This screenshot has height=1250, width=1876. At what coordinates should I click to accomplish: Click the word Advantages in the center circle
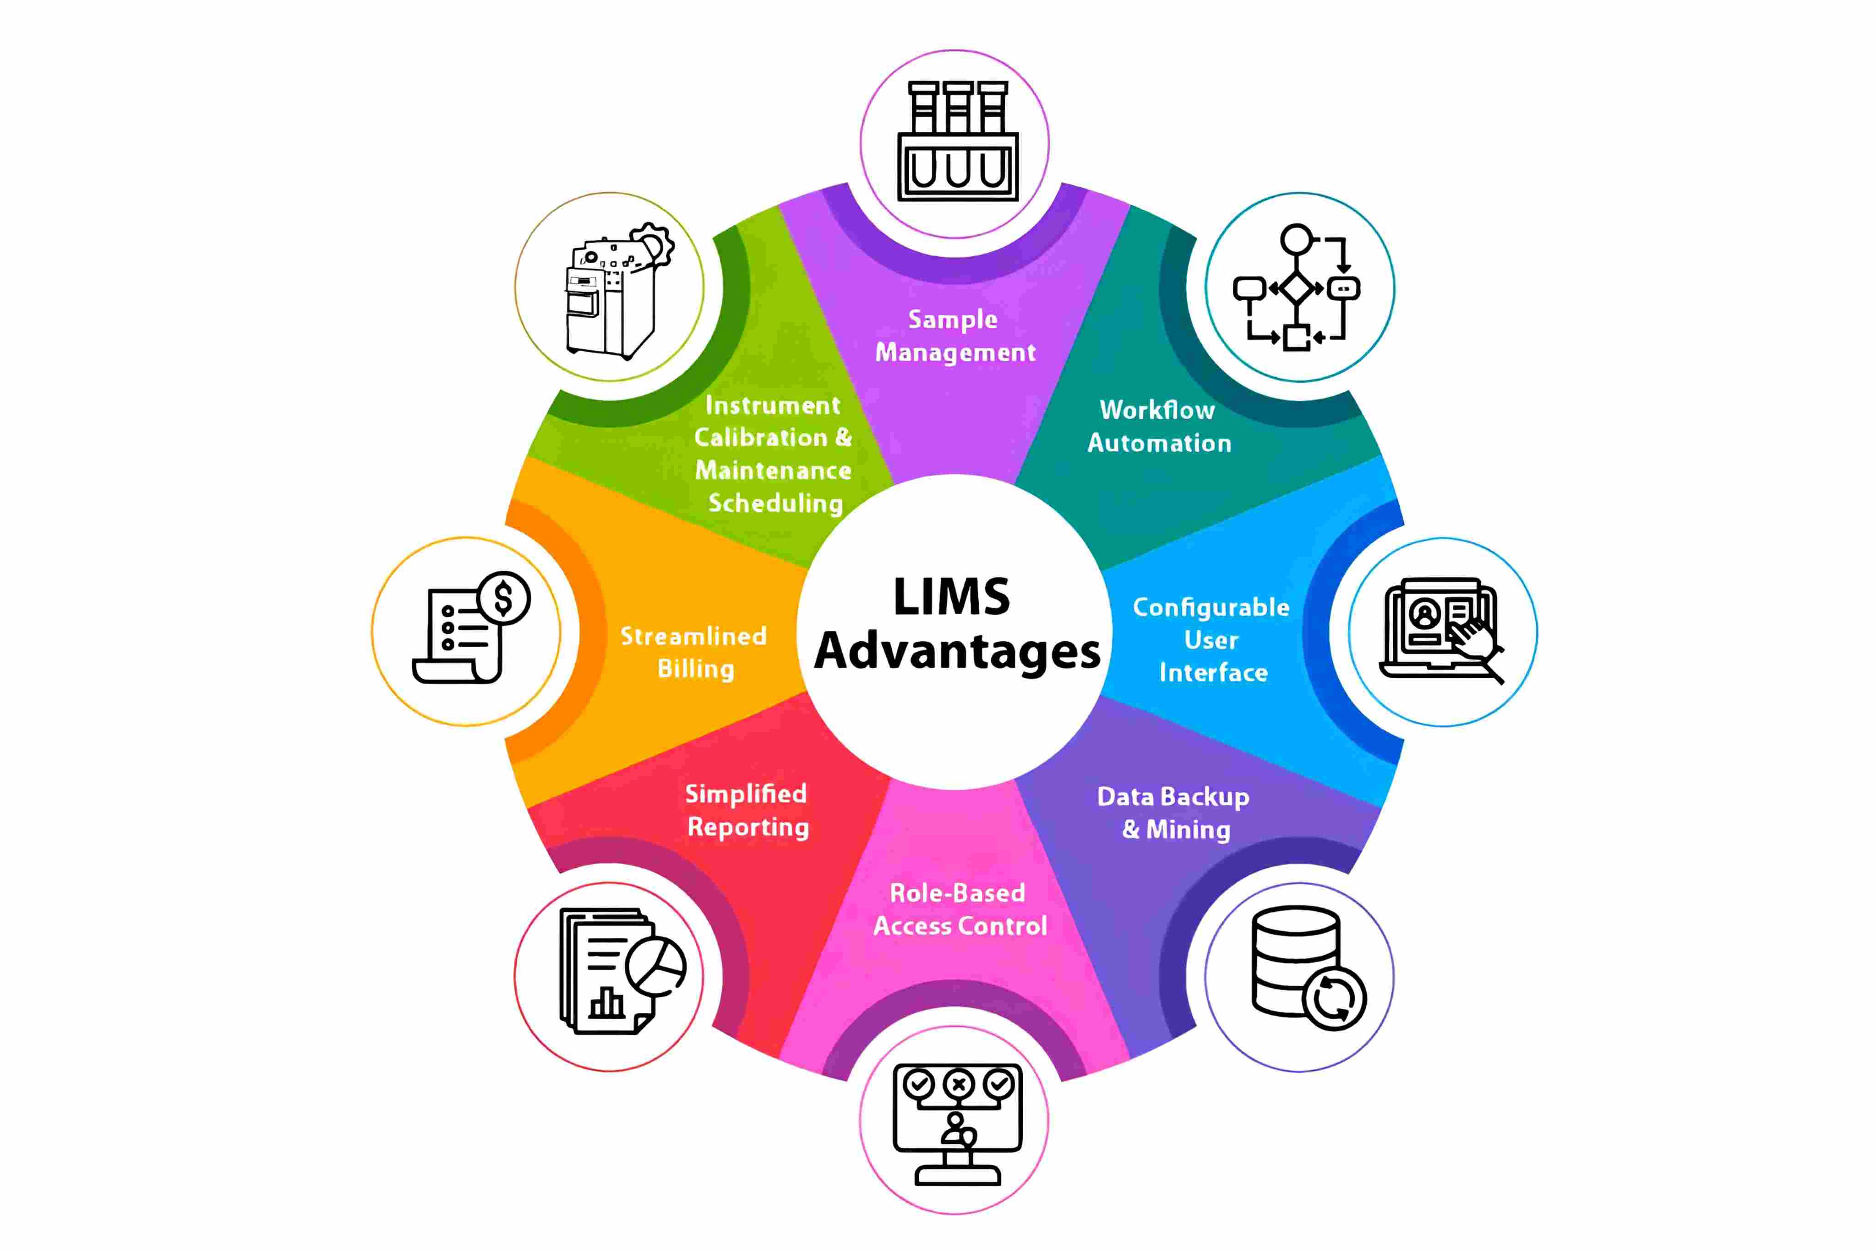[x=957, y=652]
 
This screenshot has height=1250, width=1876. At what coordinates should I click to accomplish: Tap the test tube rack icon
[x=957, y=142]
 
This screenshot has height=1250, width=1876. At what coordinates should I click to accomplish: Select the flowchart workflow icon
[x=1297, y=287]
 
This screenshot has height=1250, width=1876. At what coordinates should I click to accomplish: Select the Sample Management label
[x=955, y=335]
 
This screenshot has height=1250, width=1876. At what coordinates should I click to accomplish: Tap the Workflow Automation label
[x=1159, y=427]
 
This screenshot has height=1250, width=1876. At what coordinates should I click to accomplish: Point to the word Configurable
[x=1211, y=607]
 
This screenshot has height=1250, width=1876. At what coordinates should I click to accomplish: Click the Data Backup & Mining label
[x=1173, y=812]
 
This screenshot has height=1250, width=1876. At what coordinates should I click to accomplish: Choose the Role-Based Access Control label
[x=959, y=909]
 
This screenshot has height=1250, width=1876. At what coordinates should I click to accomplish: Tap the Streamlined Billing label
[x=694, y=652]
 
